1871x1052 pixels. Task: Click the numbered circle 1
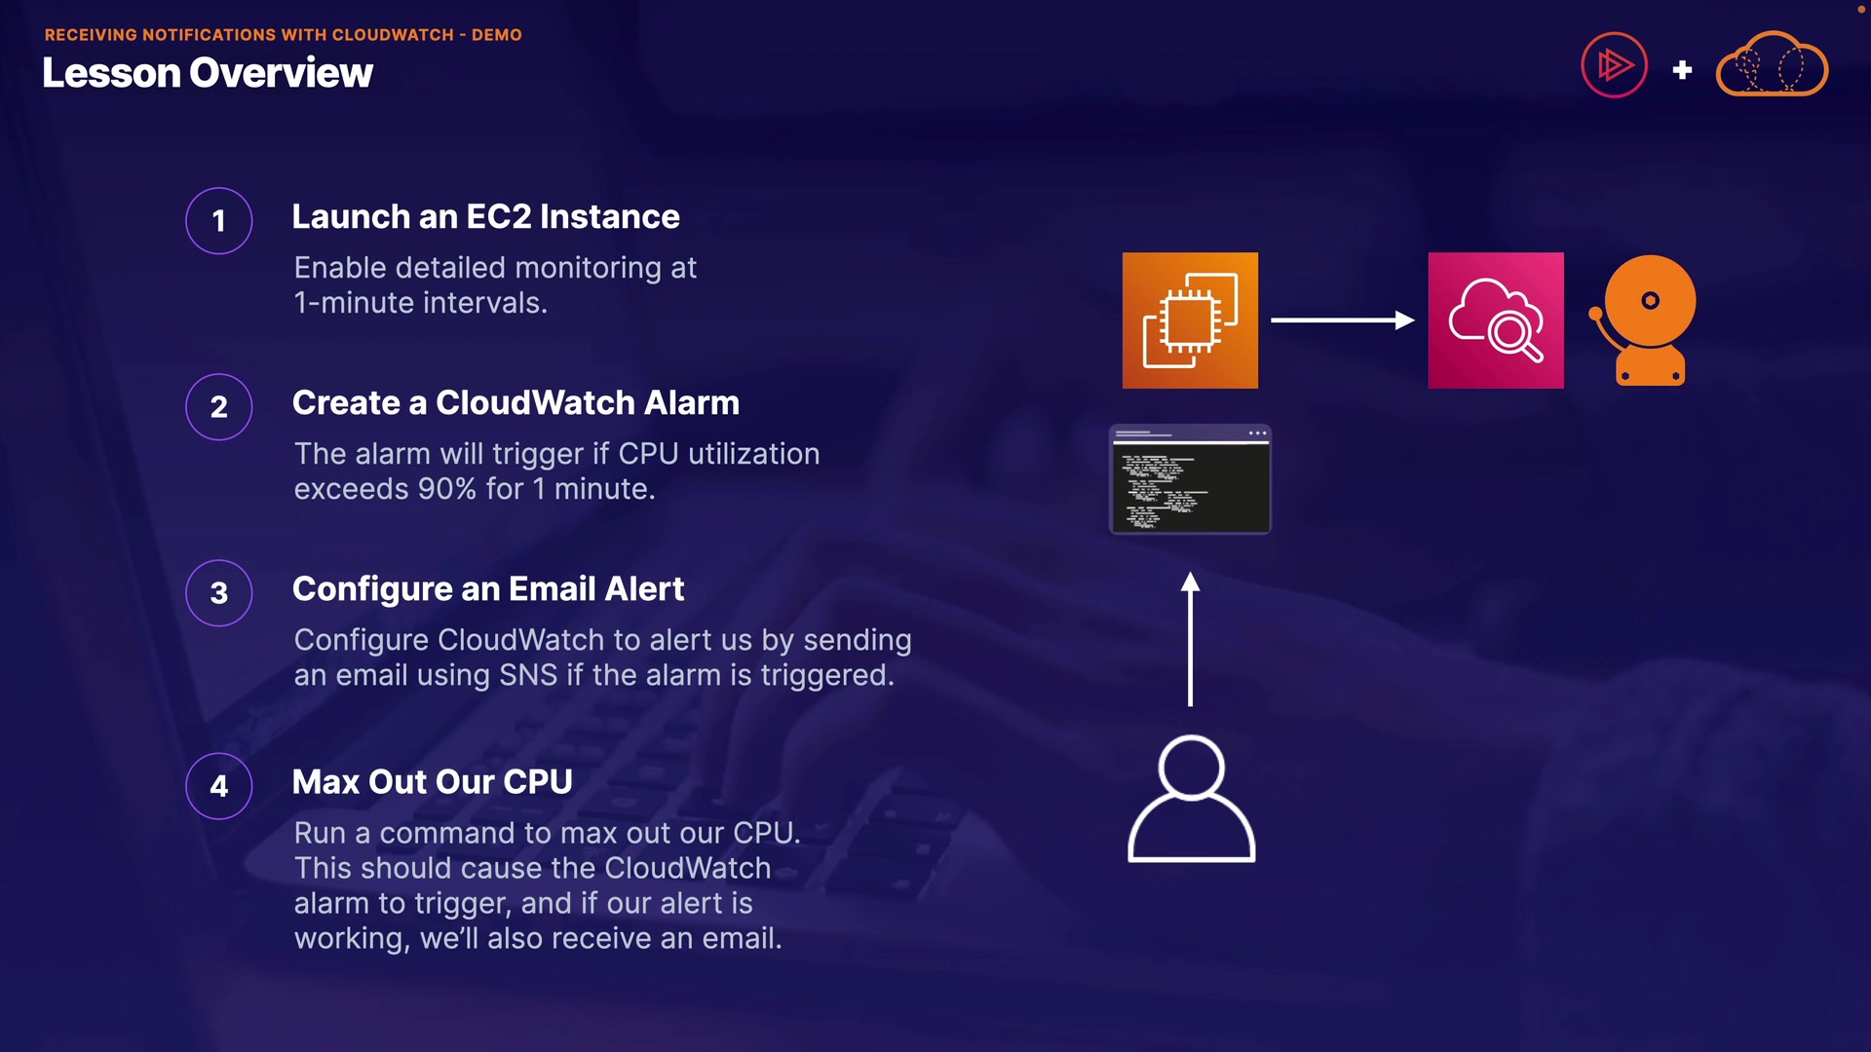[219, 221]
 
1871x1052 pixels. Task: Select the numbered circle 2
[219, 407]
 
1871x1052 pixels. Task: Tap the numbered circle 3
[219, 593]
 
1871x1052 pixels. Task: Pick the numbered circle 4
[219, 786]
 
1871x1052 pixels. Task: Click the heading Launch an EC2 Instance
[485, 216]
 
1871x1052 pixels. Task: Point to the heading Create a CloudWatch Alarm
[515, 402]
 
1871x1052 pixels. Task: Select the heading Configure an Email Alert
[487, 588]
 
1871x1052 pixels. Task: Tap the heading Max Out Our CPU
[432, 781]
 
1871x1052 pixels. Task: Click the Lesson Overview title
[208, 73]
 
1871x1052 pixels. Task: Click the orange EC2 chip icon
[1190, 320]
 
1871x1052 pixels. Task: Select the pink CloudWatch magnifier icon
[1496, 320]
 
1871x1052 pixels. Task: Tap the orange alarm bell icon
[1646, 320]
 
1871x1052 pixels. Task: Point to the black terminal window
[1190, 480]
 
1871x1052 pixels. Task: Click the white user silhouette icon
[1191, 799]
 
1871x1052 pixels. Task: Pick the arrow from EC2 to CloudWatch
[1342, 319]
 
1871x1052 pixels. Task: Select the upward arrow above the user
[1190, 638]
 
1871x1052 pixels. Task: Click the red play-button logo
[1614, 65]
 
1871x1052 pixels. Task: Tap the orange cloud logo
[1772, 65]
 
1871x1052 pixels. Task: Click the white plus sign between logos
[1682, 70]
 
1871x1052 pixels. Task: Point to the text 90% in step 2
[446, 489]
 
